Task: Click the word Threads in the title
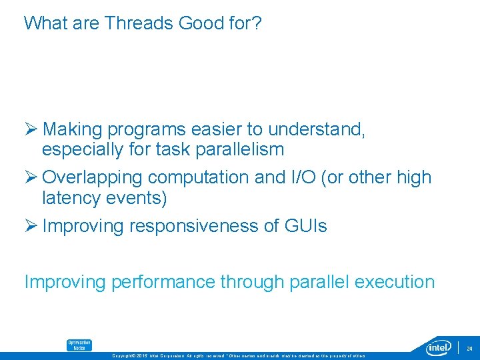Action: click(x=138, y=23)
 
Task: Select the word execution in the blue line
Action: click(x=395, y=282)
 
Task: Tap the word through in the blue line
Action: click(x=252, y=282)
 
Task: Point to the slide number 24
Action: click(x=469, y=348)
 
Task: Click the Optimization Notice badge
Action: click(x=79, y=345)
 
